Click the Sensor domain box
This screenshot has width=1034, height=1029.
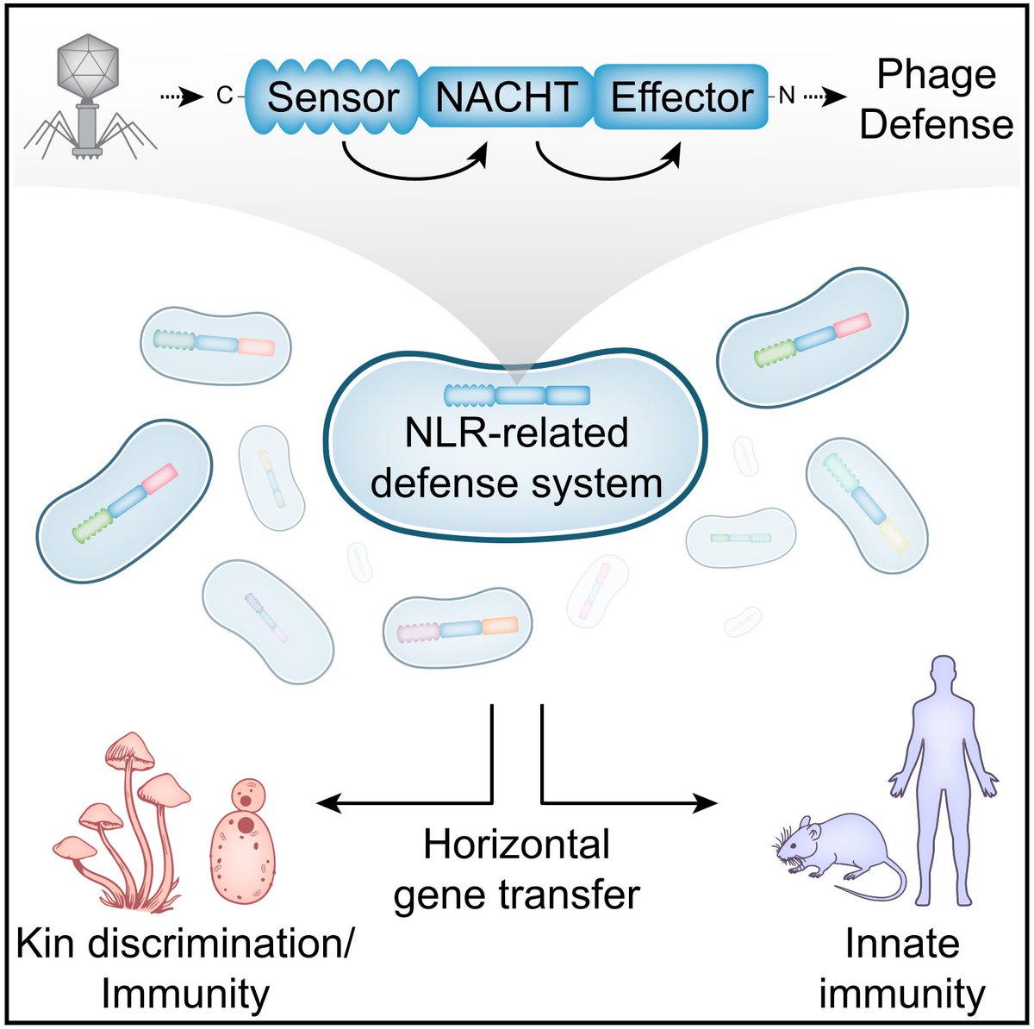(x=332, y=97)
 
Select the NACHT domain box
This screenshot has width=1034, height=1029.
(x=507, y=97)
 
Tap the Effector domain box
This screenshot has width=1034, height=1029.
(x=681, y=97)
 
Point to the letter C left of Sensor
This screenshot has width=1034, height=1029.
(x=224, y=97)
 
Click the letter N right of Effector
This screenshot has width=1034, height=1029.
(x=786, y=97)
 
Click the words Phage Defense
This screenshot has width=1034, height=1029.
(x=937, y=101)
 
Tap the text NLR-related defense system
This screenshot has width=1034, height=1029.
(x=516, y=458)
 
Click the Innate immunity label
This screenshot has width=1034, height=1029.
(x=901, y=969)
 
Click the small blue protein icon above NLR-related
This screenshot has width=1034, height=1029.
(x=517, y=396)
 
